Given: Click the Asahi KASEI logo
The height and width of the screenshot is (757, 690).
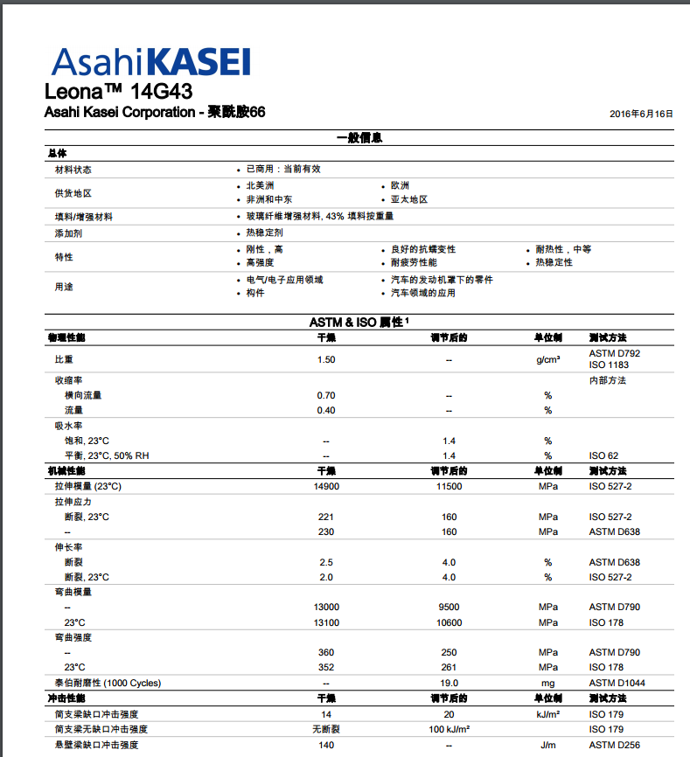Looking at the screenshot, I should click(151, 61).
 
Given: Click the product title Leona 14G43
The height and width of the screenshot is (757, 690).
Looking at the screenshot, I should click(118, 92).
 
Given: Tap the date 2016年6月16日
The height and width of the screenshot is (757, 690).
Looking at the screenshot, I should click(641, 115).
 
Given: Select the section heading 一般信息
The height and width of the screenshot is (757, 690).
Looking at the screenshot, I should click(359, 138).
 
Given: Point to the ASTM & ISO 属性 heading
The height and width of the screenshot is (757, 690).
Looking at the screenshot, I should click(359, 323).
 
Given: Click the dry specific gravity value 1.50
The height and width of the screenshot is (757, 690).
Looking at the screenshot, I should click(326, 359).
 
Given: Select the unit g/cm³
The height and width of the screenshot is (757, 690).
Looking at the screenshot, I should click(548, 359).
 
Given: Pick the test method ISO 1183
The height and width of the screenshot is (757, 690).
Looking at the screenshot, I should click(610, 365).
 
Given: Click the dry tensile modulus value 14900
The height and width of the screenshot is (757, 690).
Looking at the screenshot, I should click(326, 486).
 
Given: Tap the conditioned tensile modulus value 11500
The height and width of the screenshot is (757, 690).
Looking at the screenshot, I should click(450, 486).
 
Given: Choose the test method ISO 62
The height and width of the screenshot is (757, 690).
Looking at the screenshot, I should click(603, 455).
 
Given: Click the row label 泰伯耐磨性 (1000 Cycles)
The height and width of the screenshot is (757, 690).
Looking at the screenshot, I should click(108, 683).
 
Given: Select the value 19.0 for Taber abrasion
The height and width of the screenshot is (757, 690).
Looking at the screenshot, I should click(450, 683).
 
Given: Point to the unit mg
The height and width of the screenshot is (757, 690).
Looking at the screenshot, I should click(548, 683).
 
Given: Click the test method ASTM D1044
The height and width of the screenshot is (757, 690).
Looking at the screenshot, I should click(617, 683).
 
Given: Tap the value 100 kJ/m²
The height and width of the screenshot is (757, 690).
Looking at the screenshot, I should click(450, 729).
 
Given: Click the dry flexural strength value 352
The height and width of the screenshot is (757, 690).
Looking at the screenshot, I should click(326, 667).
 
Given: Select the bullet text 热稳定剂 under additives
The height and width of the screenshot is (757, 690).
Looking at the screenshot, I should click(264, 233).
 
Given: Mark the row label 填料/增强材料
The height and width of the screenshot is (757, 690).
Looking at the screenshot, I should click(84, 217).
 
